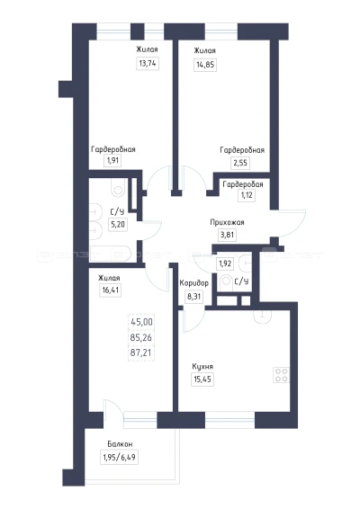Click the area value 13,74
(148, 63)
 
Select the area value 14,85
(205, 64)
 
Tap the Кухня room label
(202, 367)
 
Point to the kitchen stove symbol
(281, 375)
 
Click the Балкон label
(120, 443)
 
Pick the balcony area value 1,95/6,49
(119, 458)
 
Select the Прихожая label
(227, 222)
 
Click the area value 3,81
(227, 235)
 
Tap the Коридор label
(194, 283)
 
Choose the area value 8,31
(194, 297)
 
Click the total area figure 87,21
(141, 353)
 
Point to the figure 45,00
(141, 322)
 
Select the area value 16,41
(111, 290)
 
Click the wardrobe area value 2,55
(240, 163)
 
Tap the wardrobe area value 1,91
(112, 160)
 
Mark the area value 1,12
(247, 195)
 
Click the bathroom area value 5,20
(118, 224)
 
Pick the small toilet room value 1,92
(225, 263)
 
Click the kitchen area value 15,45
(202, 379)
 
